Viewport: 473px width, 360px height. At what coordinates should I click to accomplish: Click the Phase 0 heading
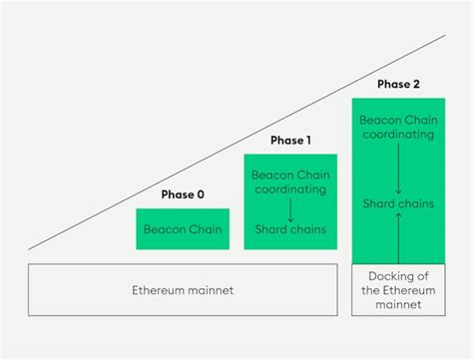click(x=183, y=194)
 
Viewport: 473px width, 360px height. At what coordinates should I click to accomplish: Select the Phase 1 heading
click(x=290, y=140)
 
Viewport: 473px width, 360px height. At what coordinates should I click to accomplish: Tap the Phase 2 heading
click(x=397, y=84)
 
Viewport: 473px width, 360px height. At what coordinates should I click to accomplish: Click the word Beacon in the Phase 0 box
click(x=165, y=229)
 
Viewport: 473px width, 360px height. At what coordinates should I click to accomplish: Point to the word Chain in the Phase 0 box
click(x=204, y=229)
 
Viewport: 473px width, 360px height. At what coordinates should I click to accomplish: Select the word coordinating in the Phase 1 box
click(x=290, y=187)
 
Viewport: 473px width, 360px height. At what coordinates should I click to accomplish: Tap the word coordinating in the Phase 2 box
click(x=397, y=132)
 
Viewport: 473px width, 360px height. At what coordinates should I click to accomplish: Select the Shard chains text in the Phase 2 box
click(x=397, y=203)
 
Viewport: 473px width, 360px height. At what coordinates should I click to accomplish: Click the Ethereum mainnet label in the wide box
click(x=183, y=290)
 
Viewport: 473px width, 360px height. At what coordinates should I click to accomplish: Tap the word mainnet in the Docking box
click(x=397, y=305)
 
